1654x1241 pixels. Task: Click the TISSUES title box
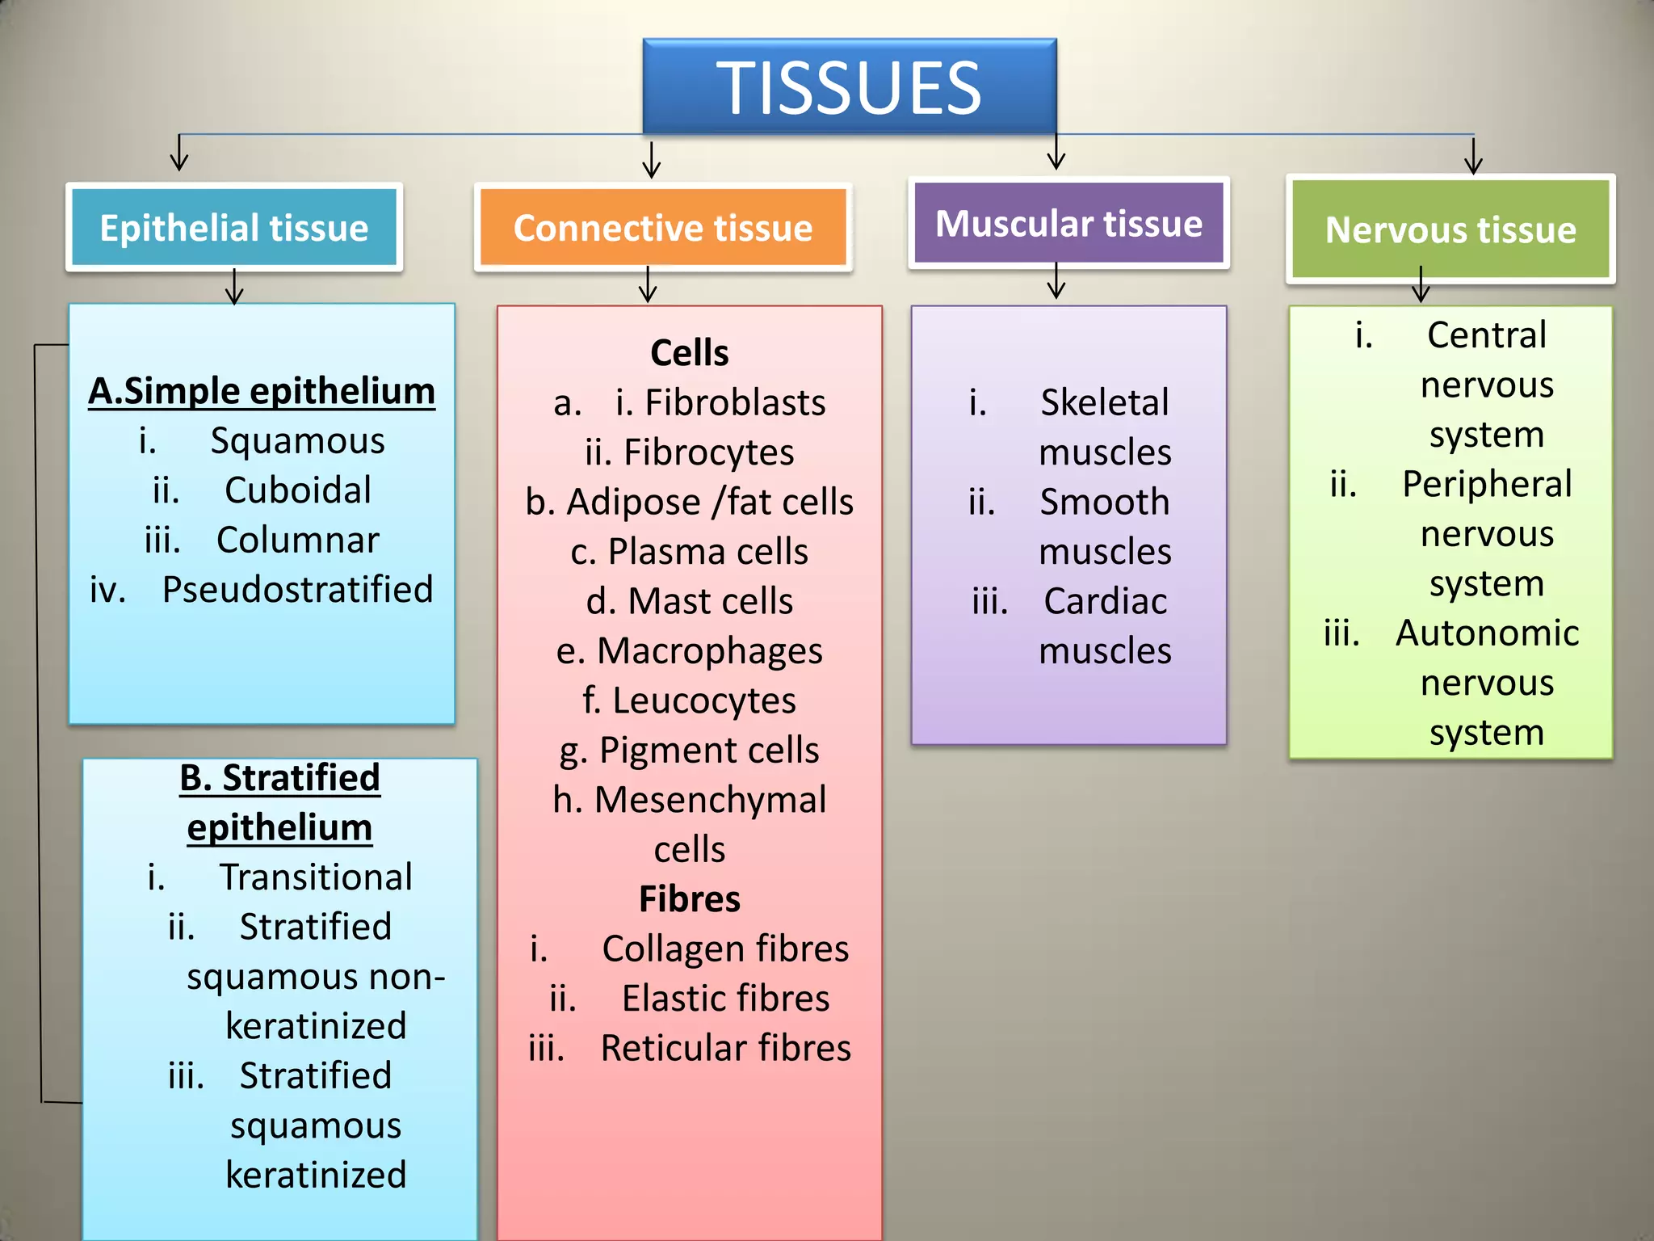pyautogui.click(x=849, y=87)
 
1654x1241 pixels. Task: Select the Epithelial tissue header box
pyautogui.click(x=234, y=228)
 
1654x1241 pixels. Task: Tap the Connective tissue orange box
pyautogui.click(x=663, y=228)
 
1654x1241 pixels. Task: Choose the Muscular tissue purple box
pyautogui.click(x=1068, y=224)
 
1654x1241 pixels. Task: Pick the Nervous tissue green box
pyautogui.click(x=1450, y=230)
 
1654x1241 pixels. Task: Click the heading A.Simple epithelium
pyautogui.click(x=262, y=391)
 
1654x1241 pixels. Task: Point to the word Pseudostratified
pyautogui.click(x=297, y=590)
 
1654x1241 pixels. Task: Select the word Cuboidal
pyautogui.click(x=297, y=490)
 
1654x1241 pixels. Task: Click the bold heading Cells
pyautogui.click(x=689, y=353)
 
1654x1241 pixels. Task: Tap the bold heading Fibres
pyautogui.click(x=689, y=899)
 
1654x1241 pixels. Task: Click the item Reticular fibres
pyautogui.click(x=725, y=1048)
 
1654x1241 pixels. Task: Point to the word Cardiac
pyautogui.click(x=1105, y=602)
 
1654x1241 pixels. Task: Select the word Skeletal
pyautogui.click(x=1104, y=402)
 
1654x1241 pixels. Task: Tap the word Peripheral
pyautogui.click(x=1487, y=485)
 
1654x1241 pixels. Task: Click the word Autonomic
pyautogui.click(x=1487, y=633)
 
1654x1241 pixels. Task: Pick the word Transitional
pyautogui.click(x=316, y=877)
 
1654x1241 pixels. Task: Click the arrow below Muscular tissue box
pyautogui.click(x=1056, y=283)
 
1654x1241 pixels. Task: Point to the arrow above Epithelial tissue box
pyautogui.click(x=179, y=153)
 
